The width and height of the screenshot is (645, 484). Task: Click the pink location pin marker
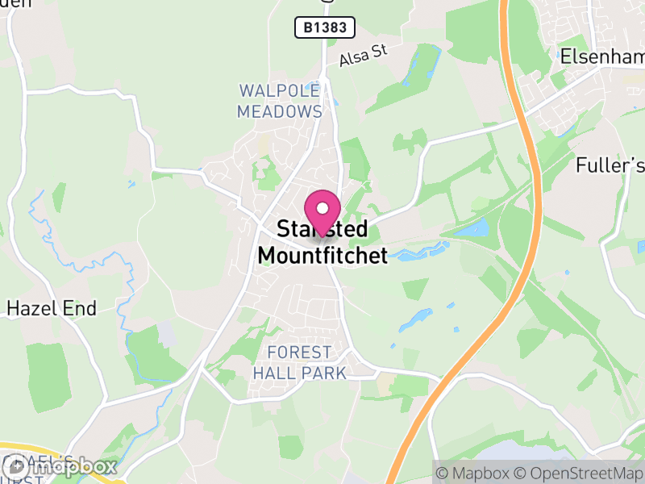322,211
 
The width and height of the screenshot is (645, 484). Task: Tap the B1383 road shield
325,28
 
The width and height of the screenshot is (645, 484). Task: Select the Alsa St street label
364,56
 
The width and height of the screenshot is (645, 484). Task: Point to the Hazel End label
52,308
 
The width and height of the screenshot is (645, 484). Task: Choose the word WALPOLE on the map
280,90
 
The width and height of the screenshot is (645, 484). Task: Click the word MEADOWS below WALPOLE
280,111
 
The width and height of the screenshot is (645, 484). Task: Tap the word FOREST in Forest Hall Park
299,353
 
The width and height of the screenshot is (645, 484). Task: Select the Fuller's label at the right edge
610,166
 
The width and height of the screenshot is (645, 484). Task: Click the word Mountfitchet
322,256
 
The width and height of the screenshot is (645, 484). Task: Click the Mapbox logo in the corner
60,466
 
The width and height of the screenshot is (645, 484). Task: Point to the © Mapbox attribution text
473,473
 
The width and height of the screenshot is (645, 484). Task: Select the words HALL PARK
299,373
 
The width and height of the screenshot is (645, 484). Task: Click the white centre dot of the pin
322,207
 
